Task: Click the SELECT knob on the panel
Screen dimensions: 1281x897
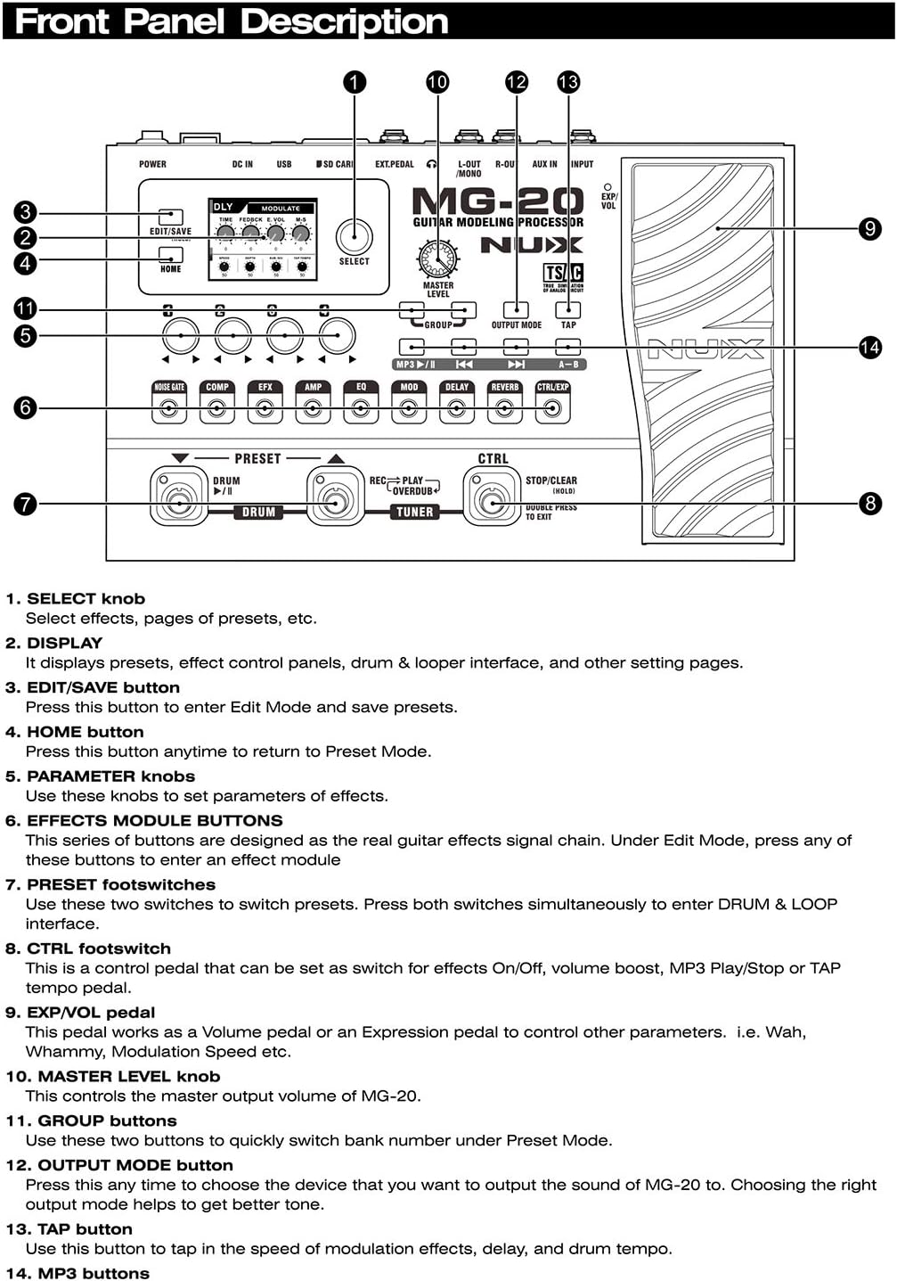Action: tap(354, 237)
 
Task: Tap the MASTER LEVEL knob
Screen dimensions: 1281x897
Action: tap(437, 259)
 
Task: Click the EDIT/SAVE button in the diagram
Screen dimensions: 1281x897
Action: tap(170, 217)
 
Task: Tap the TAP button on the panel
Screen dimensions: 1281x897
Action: tap(567, 309)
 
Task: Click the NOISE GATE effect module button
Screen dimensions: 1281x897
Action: tap(169, 408)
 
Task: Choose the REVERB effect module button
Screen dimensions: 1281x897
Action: tap(505, 408)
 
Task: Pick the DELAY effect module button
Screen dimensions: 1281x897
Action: tap(457, 408)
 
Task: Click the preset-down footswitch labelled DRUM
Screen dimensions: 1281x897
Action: tap(178, 502)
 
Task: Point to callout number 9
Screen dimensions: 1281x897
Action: tap(869, 229)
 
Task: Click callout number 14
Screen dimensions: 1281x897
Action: tap(869, 347)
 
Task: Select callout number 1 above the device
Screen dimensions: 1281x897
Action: tap(354, 82)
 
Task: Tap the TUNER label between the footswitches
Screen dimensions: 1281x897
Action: tap(414, 512)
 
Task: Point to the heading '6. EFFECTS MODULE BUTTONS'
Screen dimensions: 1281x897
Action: tap(144, 820)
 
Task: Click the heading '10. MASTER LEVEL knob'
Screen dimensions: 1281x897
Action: tap(113, 1076)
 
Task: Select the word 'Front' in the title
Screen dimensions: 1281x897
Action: tap(62, 21)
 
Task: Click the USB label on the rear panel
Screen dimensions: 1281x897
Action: tap(283, 164)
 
